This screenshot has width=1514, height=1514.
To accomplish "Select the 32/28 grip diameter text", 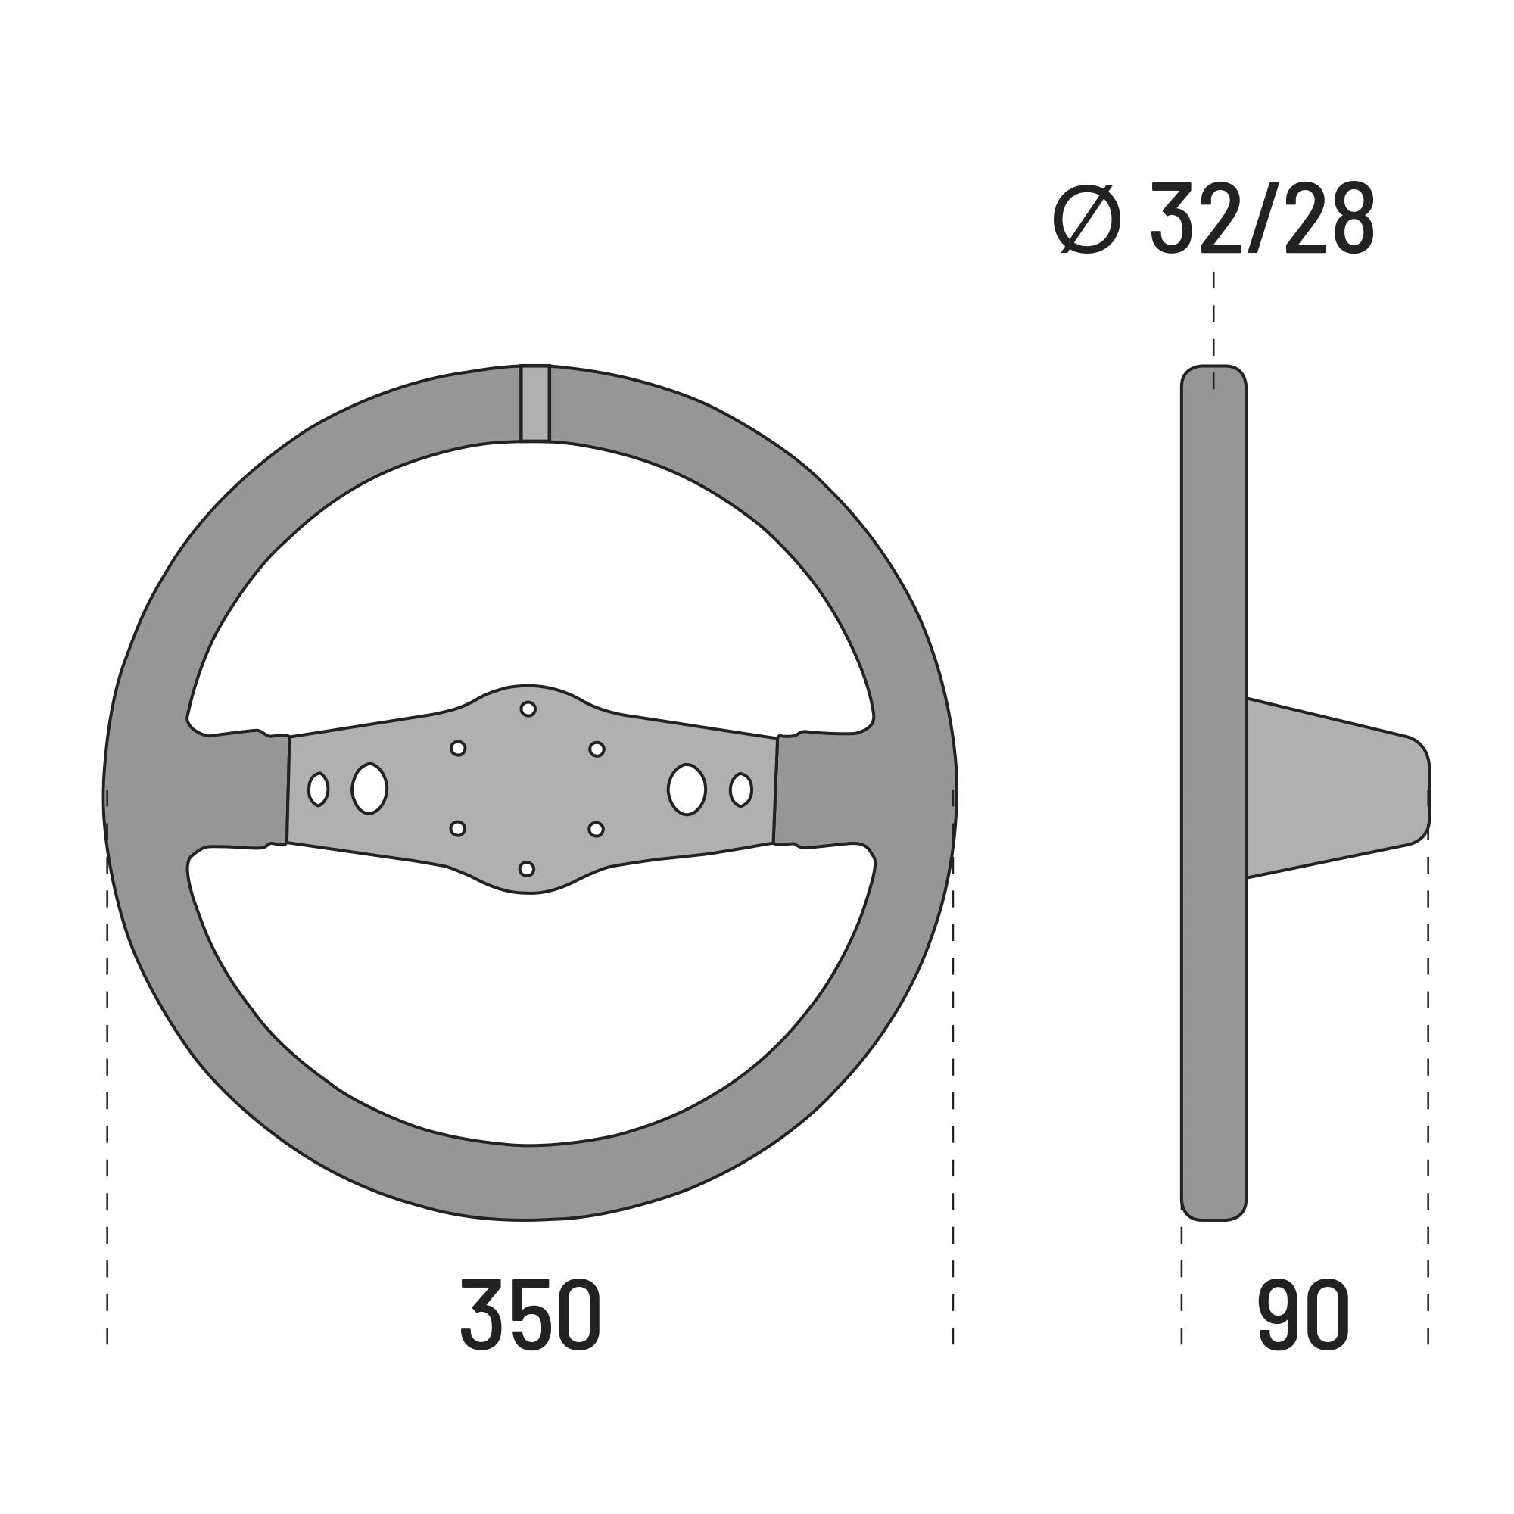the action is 1263,218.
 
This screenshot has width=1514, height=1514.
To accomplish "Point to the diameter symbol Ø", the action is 1086,219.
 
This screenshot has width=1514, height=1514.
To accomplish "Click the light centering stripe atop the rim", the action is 535,403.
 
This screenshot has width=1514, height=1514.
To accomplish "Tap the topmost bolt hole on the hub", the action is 528,709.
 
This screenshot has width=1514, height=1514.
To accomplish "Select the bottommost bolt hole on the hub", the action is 527,869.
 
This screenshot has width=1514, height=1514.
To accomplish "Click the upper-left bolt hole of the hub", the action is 459,749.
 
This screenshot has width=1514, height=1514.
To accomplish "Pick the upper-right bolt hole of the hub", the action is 597,749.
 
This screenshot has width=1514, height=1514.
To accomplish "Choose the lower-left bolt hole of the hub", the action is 458,828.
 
